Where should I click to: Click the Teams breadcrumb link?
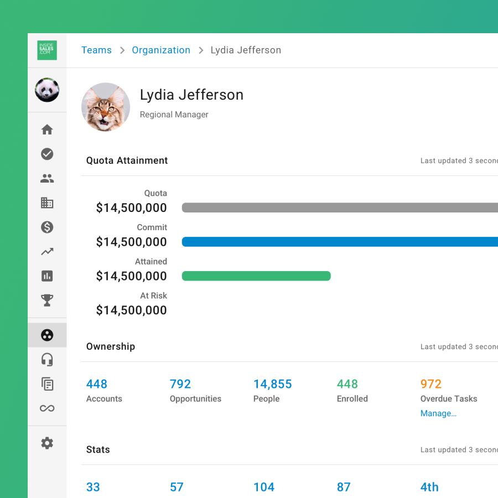click(x=96, y=50)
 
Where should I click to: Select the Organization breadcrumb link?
click(x=161, y=50)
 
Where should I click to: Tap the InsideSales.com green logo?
click(x=47, y=50)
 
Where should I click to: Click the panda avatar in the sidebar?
click(x=47, y=90)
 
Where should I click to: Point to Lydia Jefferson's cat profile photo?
click(x=106, y=107)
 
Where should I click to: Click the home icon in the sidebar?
click(x=47, y=129)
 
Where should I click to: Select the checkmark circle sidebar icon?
click(x=47, y=154)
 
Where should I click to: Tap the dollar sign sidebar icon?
click(x=47, y=227)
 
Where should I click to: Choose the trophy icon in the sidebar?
click(x=47, y=300)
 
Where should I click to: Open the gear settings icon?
click(x=47, y=443)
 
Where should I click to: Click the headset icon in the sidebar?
click(x=47, y=360)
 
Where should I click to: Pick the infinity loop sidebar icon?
click(x=47, y=408)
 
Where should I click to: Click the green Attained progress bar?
click(x=256, y=276)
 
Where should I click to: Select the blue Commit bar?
click(x=340, y=242)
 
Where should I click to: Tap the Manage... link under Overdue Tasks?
click(x=438, y=413)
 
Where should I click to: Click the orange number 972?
click(x=431, y=384)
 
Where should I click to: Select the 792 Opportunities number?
click(x=180, y=384)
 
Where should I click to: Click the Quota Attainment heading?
click(x=127, y=160)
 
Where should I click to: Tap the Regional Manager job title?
click(x=174, y=115)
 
